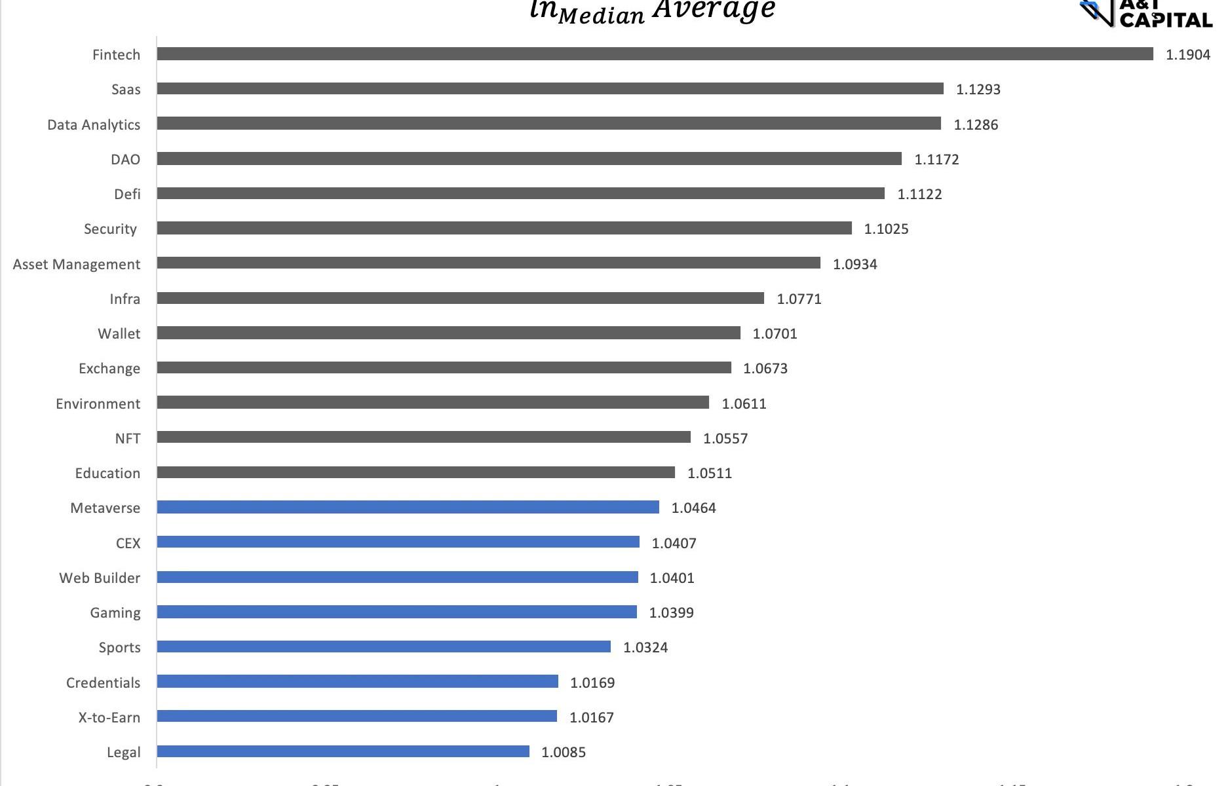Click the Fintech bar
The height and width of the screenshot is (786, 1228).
[655, 54]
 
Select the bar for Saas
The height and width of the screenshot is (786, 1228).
[550, 88]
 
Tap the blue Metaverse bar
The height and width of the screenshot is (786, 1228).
[408, 507]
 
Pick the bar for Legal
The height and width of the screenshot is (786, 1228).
[343, 751]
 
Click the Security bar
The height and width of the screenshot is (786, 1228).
[504, 228]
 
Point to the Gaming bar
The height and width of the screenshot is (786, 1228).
[396, 612]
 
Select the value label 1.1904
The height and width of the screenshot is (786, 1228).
[1187, 54]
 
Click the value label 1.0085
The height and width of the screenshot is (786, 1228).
[564, 752]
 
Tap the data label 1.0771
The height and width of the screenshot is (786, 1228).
[799, 299]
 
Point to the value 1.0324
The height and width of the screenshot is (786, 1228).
[645, 647]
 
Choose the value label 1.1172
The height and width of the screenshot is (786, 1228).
[936, 159]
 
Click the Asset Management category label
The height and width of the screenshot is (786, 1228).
[77, 264]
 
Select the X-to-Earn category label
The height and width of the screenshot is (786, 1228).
[109, 717]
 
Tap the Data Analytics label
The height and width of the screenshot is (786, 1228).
[94, 124]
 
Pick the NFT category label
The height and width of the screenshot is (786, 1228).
[128, 438]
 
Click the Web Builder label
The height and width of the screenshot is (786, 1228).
[100, 578]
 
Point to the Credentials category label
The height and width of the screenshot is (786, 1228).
[103, 683]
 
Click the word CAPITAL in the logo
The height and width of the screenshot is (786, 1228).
[1166, 20]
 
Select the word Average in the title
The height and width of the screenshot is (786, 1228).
[714, 10]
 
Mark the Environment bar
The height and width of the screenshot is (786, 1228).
[432, 402]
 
